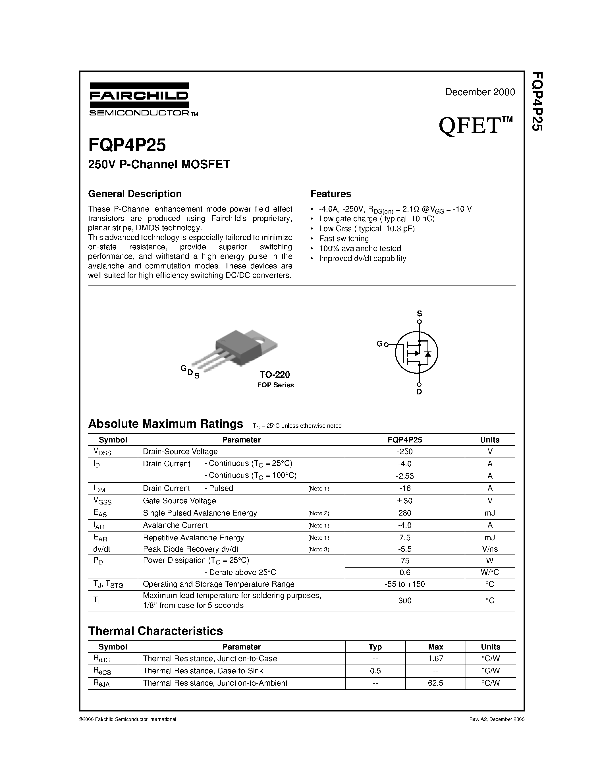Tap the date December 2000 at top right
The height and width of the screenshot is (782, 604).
480,92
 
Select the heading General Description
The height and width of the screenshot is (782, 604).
135,194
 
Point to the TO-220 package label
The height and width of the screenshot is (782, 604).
275,375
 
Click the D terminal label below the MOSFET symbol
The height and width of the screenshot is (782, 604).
419,392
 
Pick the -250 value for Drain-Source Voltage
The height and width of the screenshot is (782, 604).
405,452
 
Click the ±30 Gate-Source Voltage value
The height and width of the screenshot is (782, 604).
405,500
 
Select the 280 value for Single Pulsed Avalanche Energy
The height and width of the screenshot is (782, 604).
405,513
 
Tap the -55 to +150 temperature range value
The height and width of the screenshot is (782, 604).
405,584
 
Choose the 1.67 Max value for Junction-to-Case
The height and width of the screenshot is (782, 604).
435,659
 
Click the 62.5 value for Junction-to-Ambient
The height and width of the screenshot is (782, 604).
435,683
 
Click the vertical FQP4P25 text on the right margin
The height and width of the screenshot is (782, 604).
537,101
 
